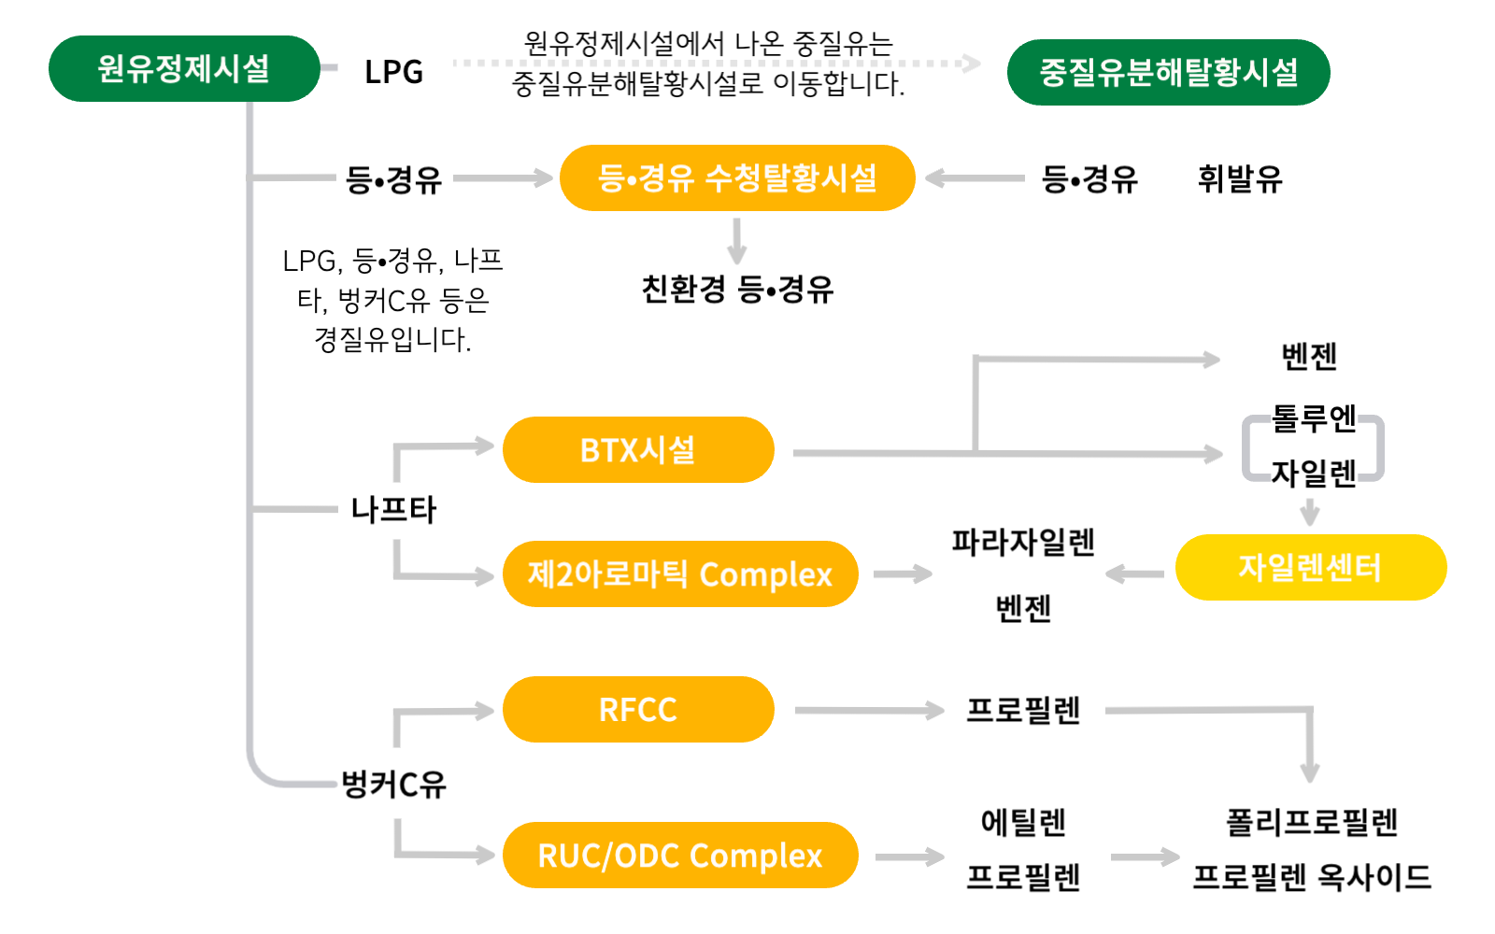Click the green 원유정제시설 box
183,68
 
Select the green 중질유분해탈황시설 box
1168,72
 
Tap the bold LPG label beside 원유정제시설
393,72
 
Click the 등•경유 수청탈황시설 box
736,177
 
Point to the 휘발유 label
1240,178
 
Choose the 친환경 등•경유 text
737,290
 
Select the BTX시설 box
638,450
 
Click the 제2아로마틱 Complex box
679,574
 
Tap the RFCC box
638,710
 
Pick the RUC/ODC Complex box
679,856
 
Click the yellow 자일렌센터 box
1310,568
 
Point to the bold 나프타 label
393,510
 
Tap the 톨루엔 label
1314,418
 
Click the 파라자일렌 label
1023,543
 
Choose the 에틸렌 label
1023,823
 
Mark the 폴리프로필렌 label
1312,823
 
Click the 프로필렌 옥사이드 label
1312,878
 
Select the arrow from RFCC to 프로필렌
869,712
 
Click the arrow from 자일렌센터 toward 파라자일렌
1134,573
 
